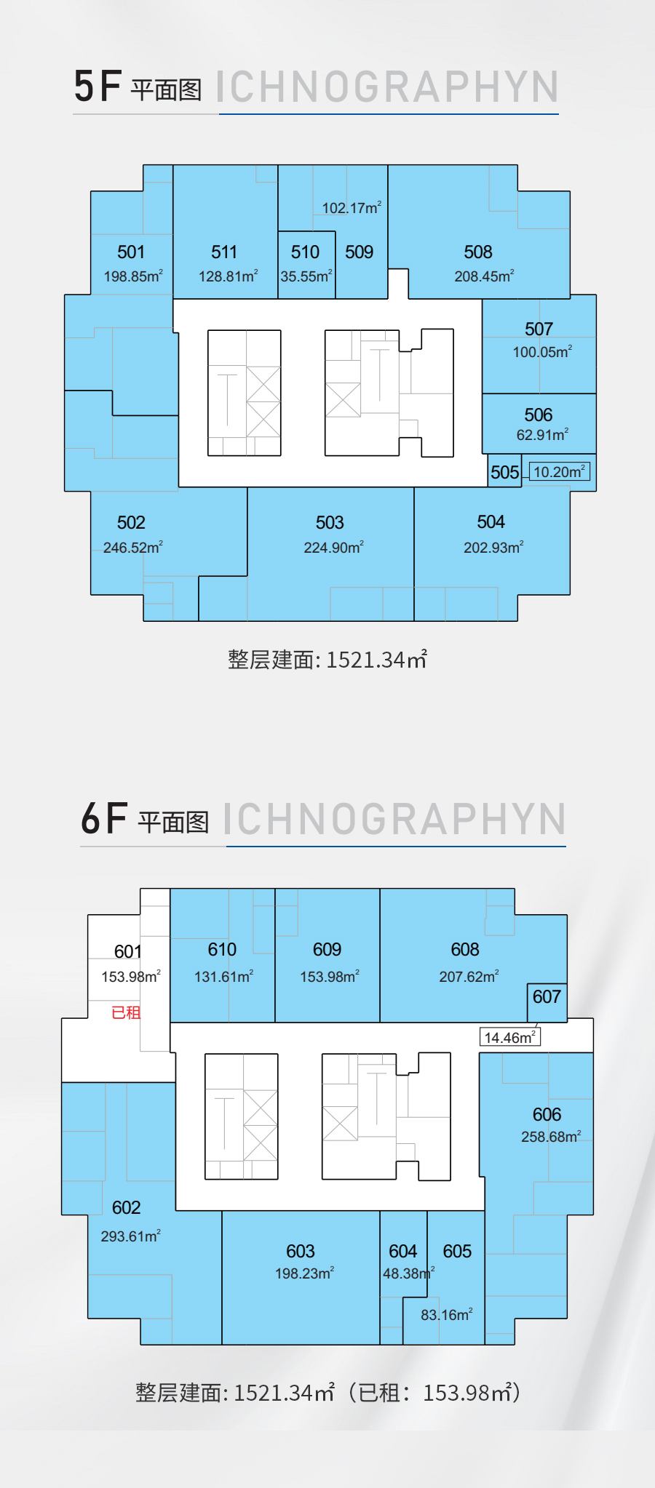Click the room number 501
(x=131, y=252)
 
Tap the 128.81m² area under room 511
(x=229, y=276)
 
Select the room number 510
(x=305, y=252)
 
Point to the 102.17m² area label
(x=352, y=208)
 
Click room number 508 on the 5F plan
(x=478, y=252)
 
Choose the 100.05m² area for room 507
(x=542, y=352)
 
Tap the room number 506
(x=539, y=415)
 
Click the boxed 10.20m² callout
(x=560, y=471)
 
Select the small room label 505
(x=505, y=473)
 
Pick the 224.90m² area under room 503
(x=333, y=548)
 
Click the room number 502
(x=131, y=523)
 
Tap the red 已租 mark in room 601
(x=126, y=1012)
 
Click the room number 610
(x=222, y=950)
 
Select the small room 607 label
(x=547, y=997)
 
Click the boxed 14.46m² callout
(x=510, y=1037)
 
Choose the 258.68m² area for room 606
(x=551, y=1137)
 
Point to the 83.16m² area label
(x=447, y=1315)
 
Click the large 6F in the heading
(x=105, y=819)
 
